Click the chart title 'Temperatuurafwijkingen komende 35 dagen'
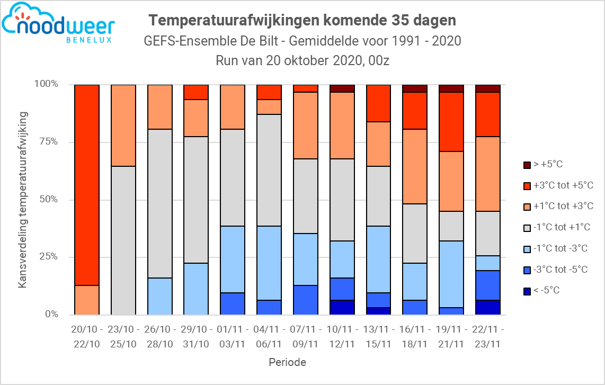point(302,20)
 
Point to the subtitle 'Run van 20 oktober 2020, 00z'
point(302,60)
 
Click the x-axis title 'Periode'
point(287,363)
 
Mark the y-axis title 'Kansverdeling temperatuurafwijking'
point(22,199)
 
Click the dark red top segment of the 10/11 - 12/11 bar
point(342,88)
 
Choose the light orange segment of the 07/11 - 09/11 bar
point(306,125)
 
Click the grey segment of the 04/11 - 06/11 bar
point(269,170)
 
